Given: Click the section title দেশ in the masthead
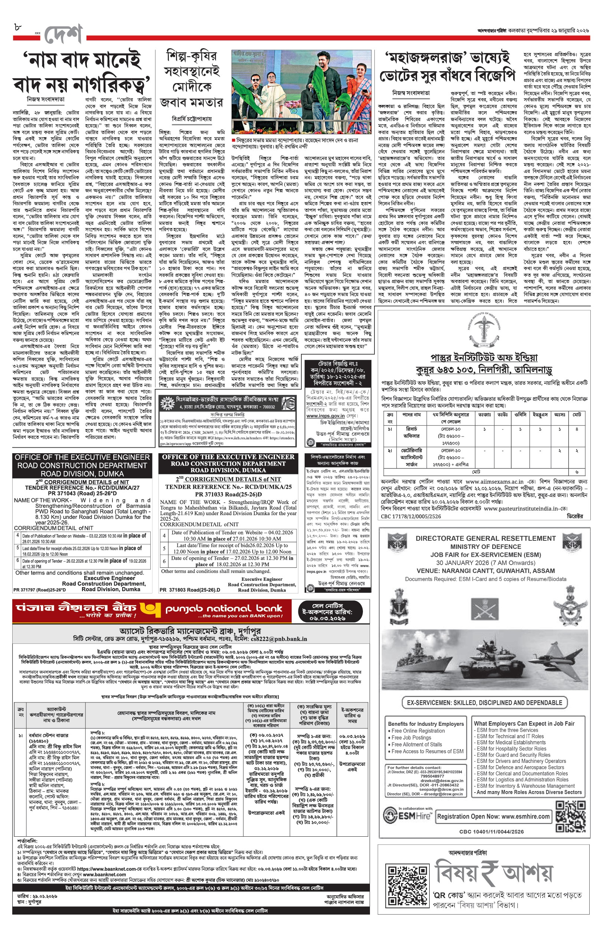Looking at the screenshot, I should coord(63,35).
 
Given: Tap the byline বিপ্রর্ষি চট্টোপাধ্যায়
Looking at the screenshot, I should coord(192,119).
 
